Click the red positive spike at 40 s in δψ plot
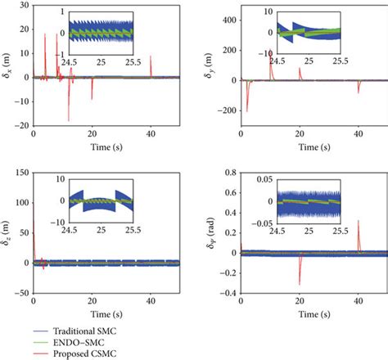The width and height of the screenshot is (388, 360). [359, 225]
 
